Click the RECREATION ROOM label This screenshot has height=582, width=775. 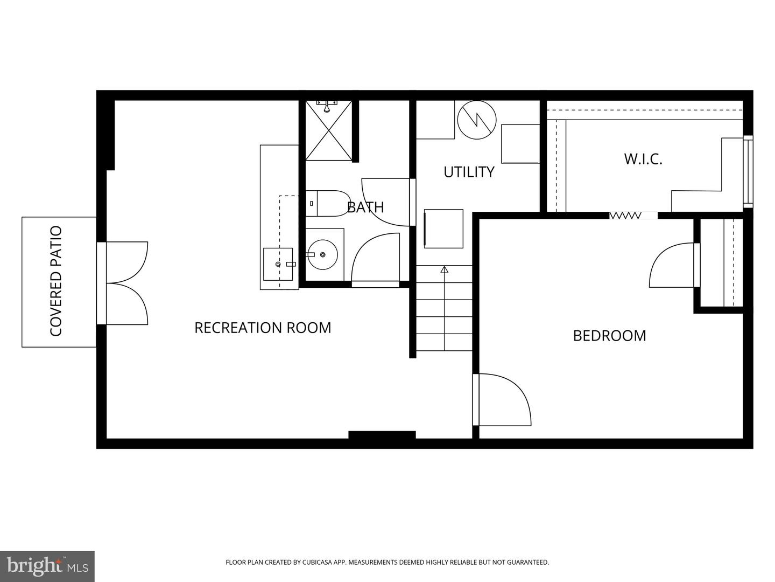[x=263, y=328]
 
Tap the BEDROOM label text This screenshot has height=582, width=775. [x=609, y=336]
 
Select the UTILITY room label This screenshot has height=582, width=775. [x=469, y=172]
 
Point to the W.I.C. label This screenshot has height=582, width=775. [x=643, y=159]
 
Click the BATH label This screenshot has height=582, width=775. [x=365, y=207]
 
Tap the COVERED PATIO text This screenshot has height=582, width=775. [x=56, y=281]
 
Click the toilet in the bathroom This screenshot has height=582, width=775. [x=327, y=203]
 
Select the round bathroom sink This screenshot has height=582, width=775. [x=322, y=254]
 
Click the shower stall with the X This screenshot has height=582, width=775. [x=329, y=130]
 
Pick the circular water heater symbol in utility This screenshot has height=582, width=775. [x=476, y=121]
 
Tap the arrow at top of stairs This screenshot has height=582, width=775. [x=444, y=269]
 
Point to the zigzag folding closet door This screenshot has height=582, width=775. [x=625, y=216]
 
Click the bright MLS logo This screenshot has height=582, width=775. [x=47, y=566]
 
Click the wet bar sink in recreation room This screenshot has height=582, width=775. [x=279, y=264]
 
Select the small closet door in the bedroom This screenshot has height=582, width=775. [x=673, y=265]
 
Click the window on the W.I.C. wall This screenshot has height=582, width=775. [x=748, y=171]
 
